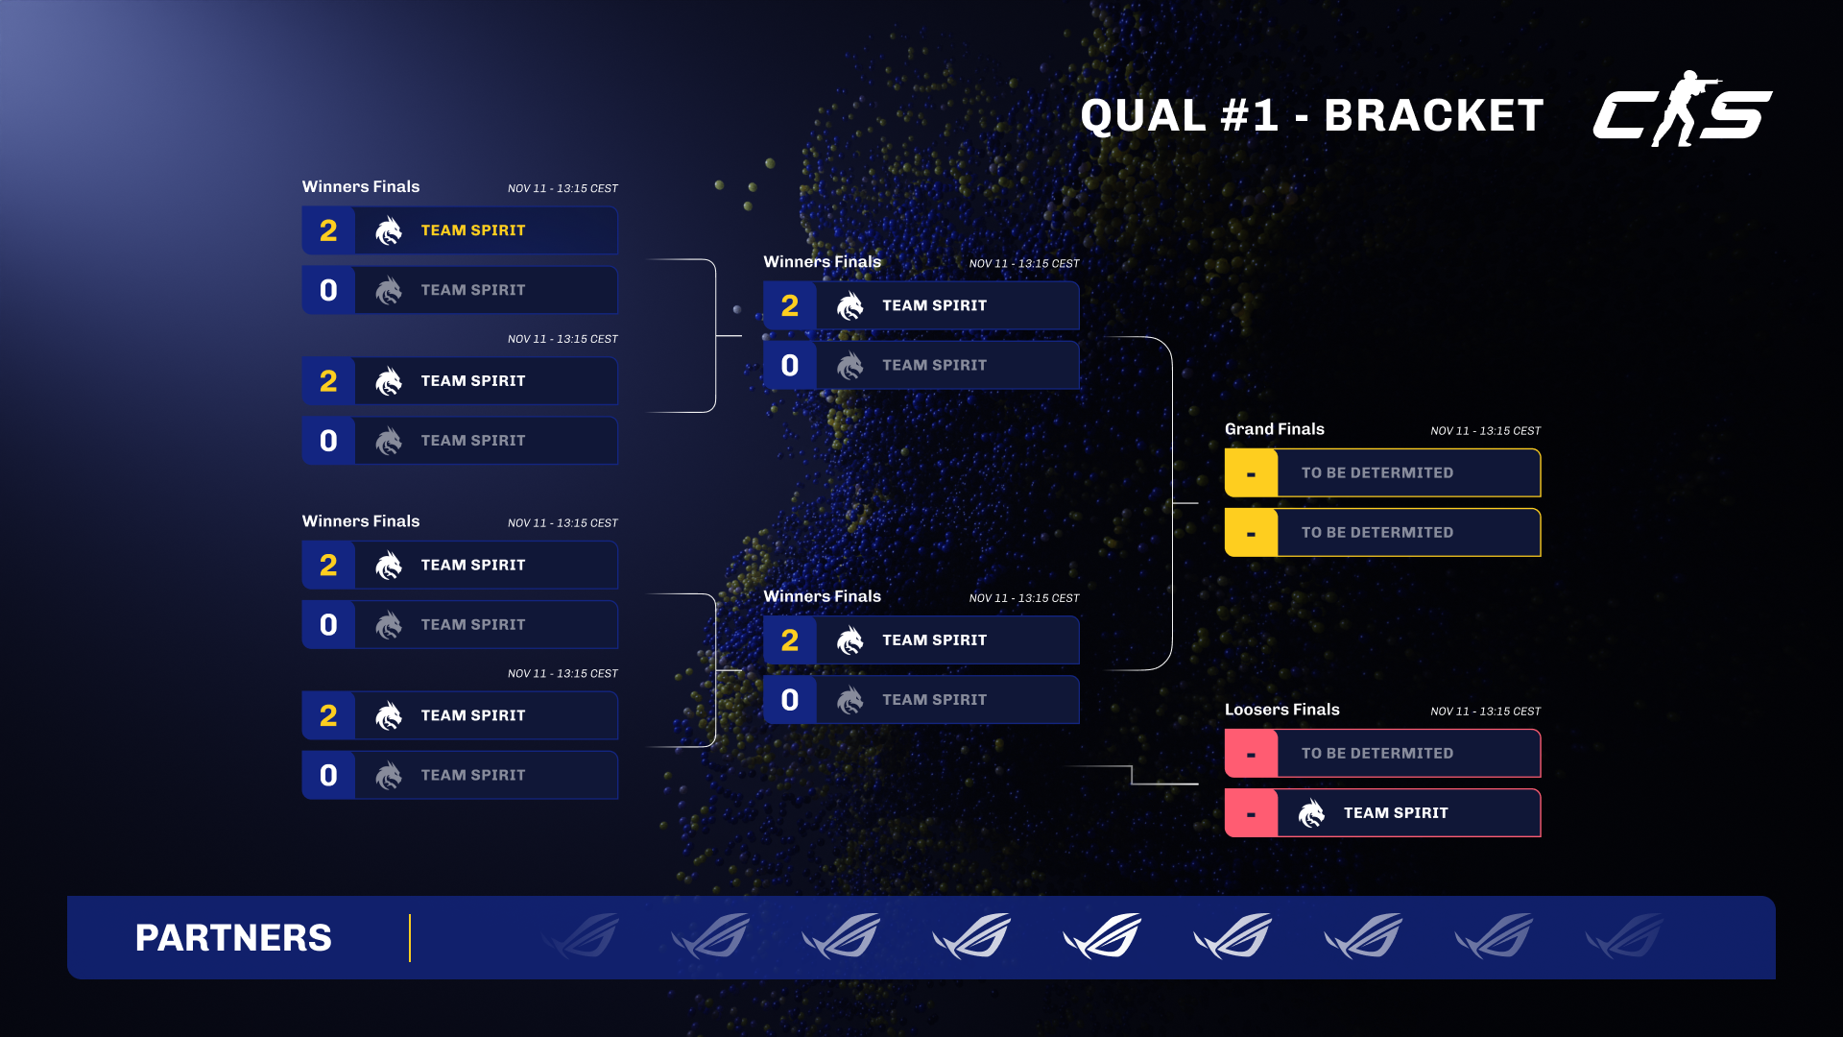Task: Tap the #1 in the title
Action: (x=1249, y=116)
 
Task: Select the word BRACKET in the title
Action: (x=1433, y=116)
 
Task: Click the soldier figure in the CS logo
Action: (x=1682, y=108)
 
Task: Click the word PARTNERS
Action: (x=233, y=938)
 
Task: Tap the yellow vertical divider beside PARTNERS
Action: (x=410, y=938)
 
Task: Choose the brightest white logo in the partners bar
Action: (x=1102, y=936)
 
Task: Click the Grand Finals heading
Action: (x=1274, y=429)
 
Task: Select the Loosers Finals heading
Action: (x=1281, y=710)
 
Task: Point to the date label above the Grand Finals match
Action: (x=1485, y=431)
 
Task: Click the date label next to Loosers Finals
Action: (x=1485, y=711)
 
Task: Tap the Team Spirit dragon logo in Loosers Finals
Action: (x=1311, y=813)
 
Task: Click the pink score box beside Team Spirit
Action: (x=1251, y=813)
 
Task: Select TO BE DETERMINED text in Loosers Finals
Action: (x=1376, y=754)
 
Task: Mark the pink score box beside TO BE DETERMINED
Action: (x=1251, y=754)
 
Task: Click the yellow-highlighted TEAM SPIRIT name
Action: (x=473, y=230)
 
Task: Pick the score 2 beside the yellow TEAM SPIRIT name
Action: (x=328, y=230)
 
